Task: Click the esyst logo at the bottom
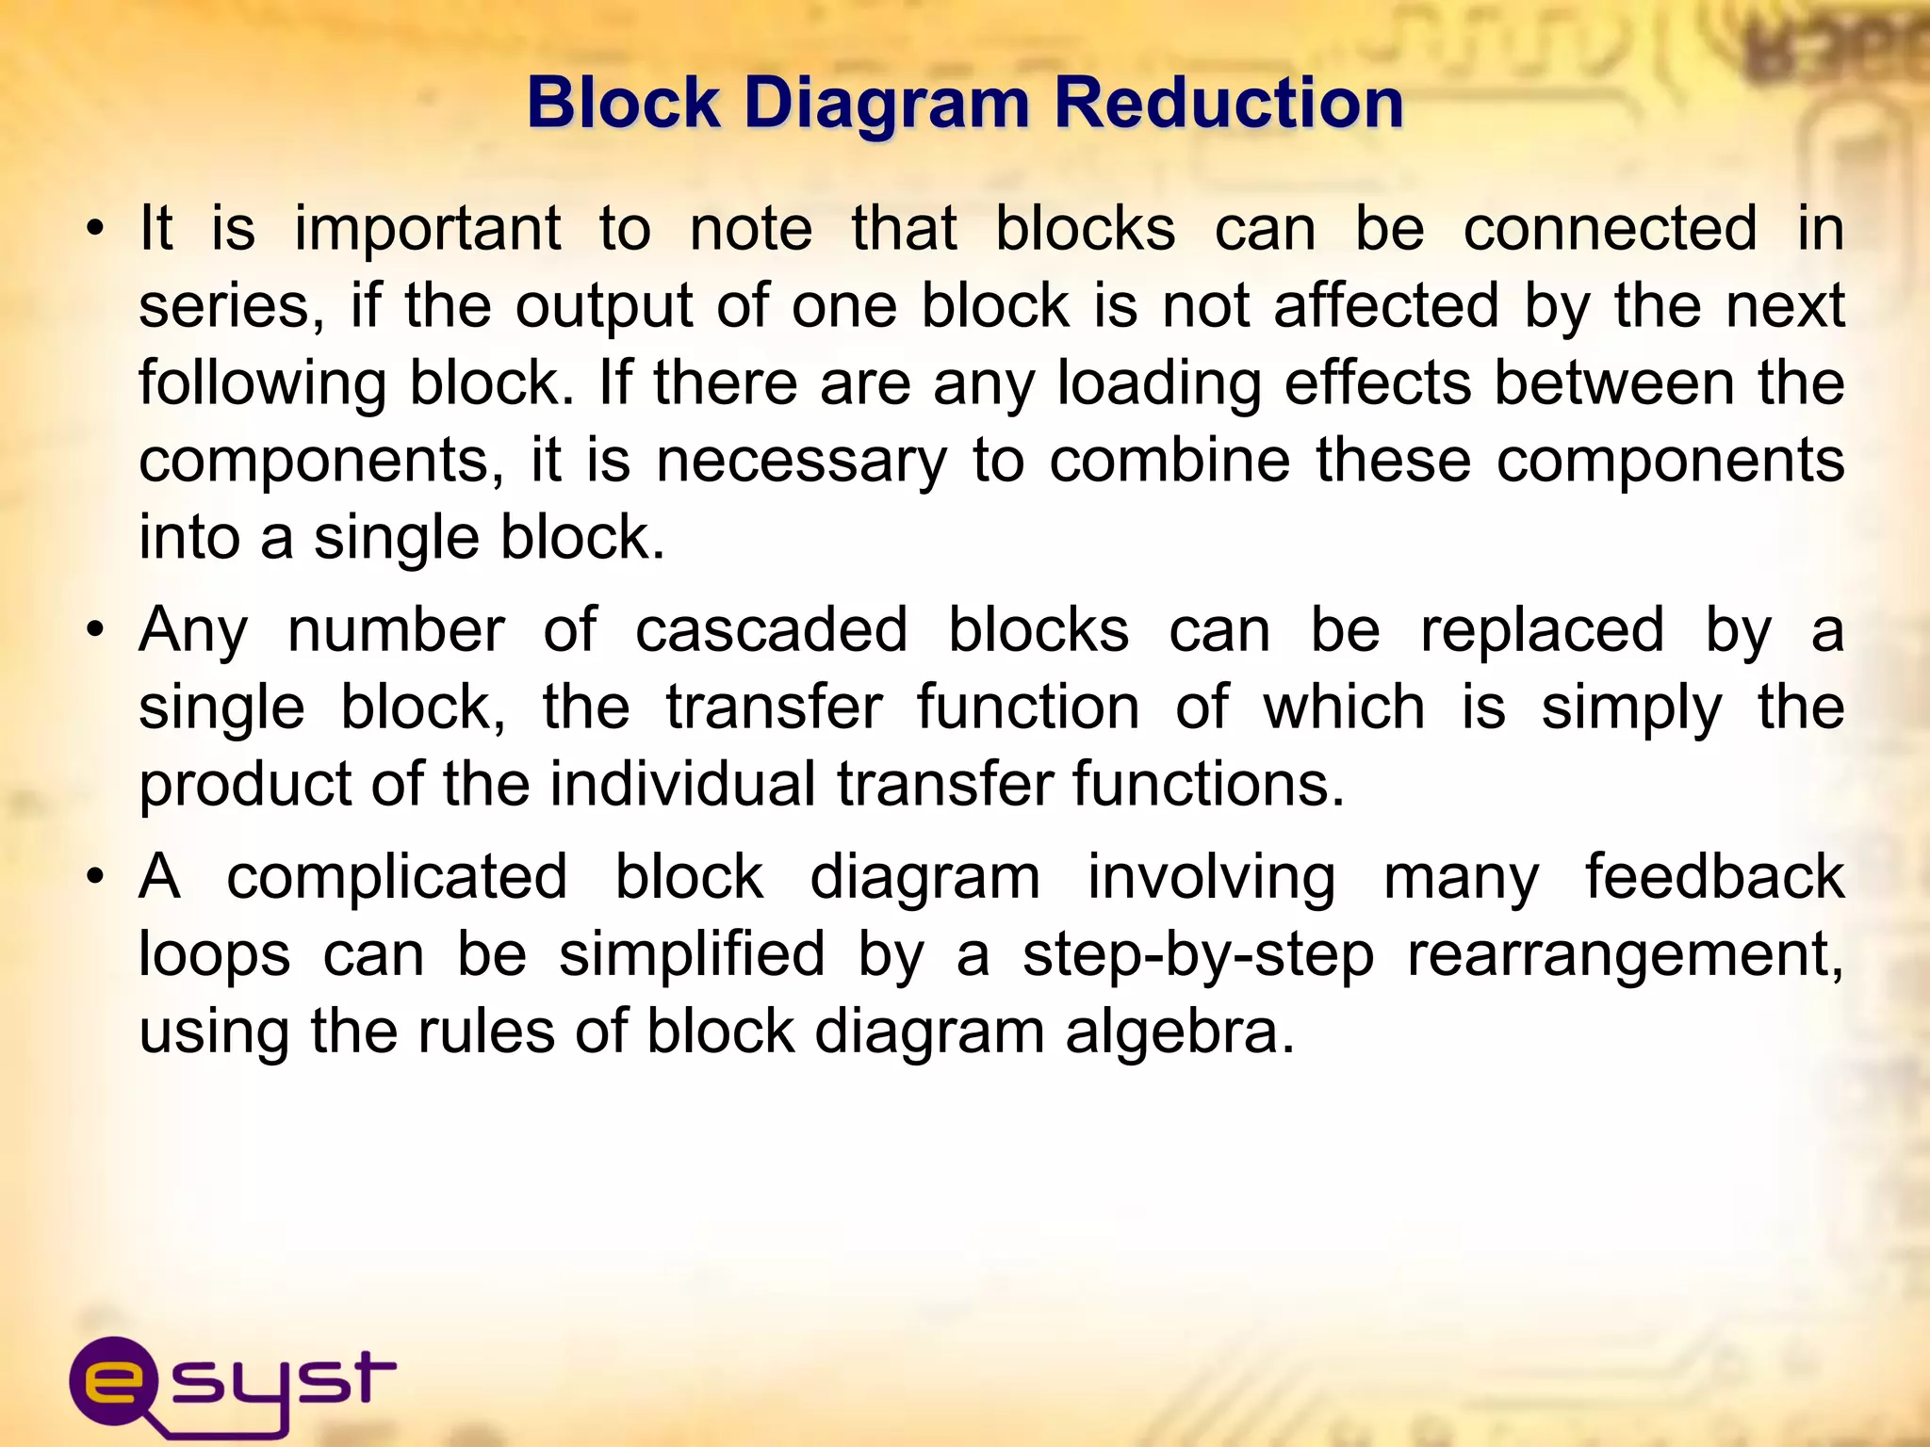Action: click(x=232, y=1384)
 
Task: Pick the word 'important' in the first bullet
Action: click(x=428, y=229)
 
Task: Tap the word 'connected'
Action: click(x=1611, y=229)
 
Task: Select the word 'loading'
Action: click(x=1158, y=384)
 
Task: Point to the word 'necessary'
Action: click(x=801, y=462)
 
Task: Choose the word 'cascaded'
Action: click(x=772, y=630)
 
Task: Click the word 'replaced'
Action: click(x=1543, y=630)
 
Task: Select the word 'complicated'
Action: click(x=397, y=877)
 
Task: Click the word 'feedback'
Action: click(x=1714, y=877)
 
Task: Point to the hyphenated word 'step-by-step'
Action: click(x=1198, y=955)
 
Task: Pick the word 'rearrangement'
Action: click(x=1626, y=955)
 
